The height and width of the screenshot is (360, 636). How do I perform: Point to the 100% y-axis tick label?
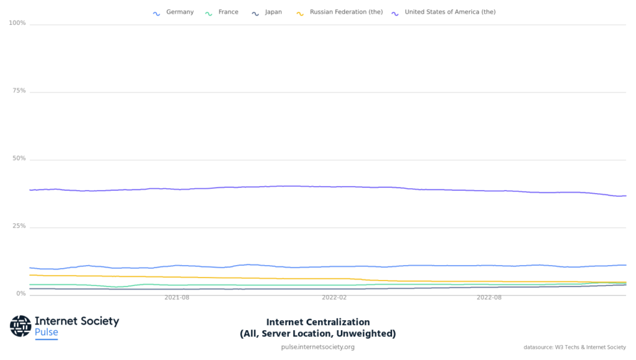tap(17, 24)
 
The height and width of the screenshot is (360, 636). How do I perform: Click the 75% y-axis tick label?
tap(19, 91)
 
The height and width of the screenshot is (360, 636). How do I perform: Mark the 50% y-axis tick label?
tap(19, 159)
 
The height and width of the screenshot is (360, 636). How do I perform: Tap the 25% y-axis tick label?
tap(19, 227)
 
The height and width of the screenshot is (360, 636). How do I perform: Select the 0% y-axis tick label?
tap(20, 294)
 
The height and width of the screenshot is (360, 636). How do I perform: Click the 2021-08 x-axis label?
tap(176, 298)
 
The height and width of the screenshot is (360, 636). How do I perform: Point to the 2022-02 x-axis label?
tap(334, 298)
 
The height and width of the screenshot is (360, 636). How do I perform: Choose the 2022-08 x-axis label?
tap(489, 298)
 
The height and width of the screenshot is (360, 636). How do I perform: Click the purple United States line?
tap(311, 186)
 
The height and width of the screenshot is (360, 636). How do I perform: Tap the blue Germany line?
tap(311, 267)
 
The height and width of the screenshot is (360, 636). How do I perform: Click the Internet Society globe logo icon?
tap(20, 326)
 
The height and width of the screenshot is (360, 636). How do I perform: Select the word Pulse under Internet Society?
tap(47, 333)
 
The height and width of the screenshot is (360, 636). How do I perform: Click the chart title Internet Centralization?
tap(318, 322)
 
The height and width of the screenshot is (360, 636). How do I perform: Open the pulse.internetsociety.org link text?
tap(318, 347)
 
